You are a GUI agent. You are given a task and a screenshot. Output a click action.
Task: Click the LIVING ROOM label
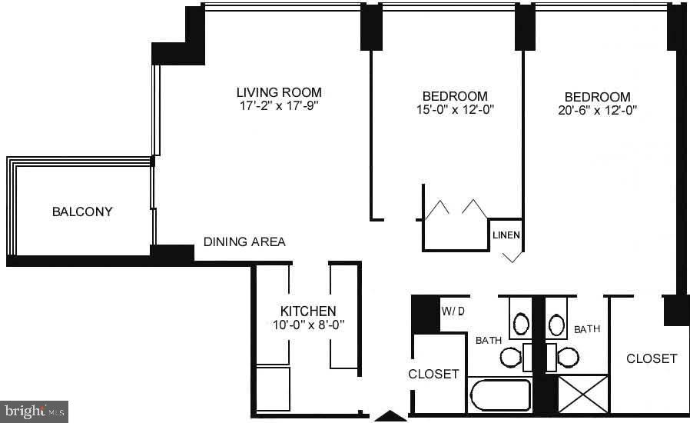coord(279,92)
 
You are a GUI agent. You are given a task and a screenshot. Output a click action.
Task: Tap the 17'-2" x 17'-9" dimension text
coord(279,106)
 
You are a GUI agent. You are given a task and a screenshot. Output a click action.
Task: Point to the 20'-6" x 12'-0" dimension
coord(598,110)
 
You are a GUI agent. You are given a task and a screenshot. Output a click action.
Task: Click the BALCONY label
coord(82,211)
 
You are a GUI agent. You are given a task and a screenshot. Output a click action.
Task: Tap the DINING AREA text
coord(244,241)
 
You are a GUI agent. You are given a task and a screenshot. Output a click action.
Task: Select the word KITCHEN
coord(307,311)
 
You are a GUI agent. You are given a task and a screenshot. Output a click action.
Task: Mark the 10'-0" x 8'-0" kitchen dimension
coord(307,325)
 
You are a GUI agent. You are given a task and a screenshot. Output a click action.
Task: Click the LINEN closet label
coord(506,235)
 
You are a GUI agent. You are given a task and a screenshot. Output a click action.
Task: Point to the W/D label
coord(453,311)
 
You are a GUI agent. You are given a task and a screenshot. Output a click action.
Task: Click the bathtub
coord(499,395)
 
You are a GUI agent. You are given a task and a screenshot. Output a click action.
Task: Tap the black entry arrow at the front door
coord(390,416)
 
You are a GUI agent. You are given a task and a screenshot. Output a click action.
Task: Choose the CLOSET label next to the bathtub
coord(433,374)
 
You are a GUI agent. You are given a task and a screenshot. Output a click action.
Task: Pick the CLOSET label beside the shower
coord(652,358)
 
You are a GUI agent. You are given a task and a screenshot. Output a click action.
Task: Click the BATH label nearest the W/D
coord(489,339)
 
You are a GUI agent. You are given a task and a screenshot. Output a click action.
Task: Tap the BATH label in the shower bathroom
coord(587,329)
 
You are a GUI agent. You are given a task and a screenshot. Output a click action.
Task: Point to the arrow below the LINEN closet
coord(513,257)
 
